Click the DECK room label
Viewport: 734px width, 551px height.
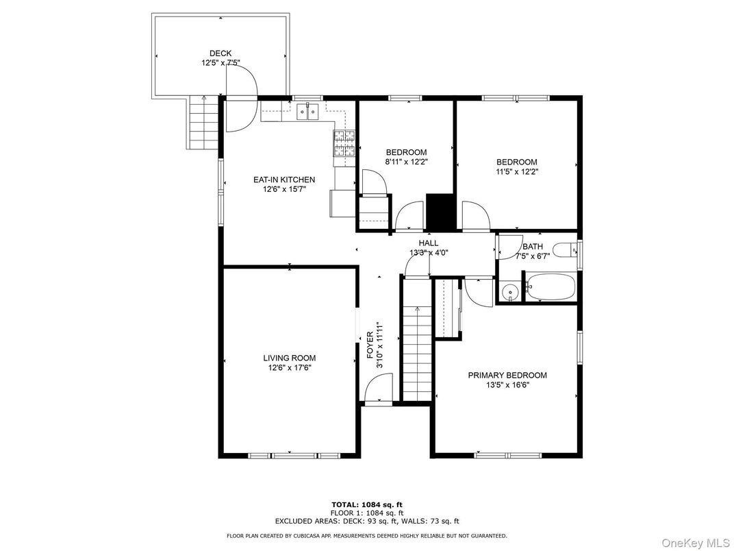click(220, 53)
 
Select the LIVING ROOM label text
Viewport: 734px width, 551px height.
click(290, 358)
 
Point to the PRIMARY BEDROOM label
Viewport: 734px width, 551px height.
click(507, 375)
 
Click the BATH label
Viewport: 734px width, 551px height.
click(532, 247)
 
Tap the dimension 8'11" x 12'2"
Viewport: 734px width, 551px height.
click(406, 162)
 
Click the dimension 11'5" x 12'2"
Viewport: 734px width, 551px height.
click(517, 172)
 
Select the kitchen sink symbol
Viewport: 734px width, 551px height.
click(309, 110)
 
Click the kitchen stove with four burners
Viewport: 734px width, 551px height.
click(344, 143)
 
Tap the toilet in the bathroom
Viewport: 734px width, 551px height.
click(565, 252)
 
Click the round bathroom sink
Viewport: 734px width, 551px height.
click(509, 293)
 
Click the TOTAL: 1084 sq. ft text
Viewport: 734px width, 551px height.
click(367, 504)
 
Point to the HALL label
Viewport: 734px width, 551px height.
click(429, 243)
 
